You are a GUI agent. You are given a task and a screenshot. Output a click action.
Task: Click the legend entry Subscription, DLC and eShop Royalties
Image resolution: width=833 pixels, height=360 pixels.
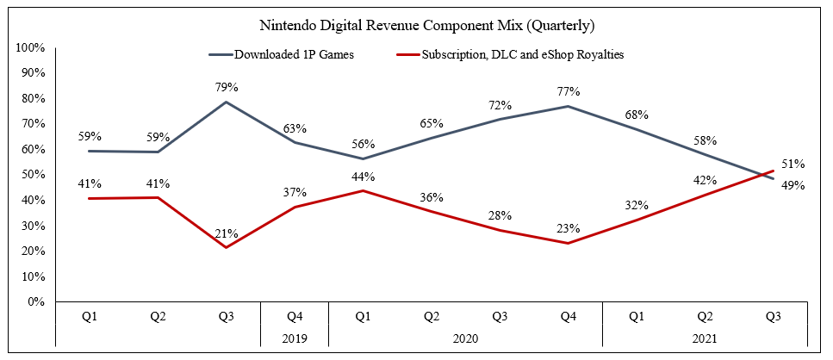point(522,54)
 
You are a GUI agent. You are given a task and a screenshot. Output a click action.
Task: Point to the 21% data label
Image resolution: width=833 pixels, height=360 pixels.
point(226,233)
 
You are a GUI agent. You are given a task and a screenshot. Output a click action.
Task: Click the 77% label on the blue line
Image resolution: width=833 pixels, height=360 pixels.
point(568,90)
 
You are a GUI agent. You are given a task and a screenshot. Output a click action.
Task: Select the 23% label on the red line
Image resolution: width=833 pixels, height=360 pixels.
point(568,229)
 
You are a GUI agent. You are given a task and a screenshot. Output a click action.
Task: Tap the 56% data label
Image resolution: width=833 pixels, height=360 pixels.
point(363,144)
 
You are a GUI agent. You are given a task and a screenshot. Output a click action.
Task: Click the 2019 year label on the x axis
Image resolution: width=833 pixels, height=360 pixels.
point(295,338)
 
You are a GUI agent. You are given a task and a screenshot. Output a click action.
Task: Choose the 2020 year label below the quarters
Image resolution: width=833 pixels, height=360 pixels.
point(465,338)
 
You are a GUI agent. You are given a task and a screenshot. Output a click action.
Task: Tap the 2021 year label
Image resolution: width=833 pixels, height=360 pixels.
point(705,338)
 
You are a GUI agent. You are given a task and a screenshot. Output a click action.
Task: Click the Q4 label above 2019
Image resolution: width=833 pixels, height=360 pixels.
point(295,317)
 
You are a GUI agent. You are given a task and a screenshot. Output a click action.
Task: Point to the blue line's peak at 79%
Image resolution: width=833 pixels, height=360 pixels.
point(227,102)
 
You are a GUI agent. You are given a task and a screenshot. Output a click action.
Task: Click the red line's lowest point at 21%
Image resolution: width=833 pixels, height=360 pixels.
point(227,248)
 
